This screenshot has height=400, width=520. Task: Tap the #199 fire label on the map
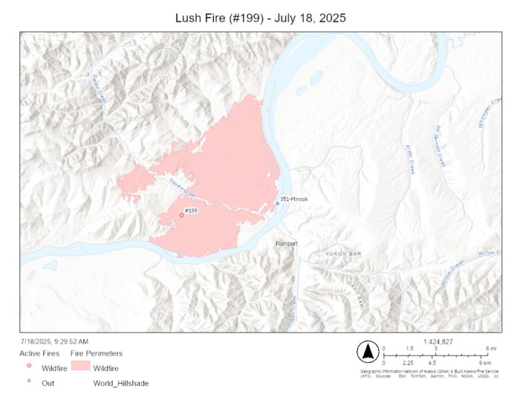[191, 211]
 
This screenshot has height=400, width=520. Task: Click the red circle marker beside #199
[181, 216]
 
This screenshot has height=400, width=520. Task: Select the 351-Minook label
[293, 199]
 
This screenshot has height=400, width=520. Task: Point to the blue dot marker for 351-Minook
[277, 203]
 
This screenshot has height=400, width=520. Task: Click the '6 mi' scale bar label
[491, 348]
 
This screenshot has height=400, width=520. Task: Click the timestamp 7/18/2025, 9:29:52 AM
[53, 341]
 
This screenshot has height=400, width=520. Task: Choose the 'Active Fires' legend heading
[39, 353]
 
